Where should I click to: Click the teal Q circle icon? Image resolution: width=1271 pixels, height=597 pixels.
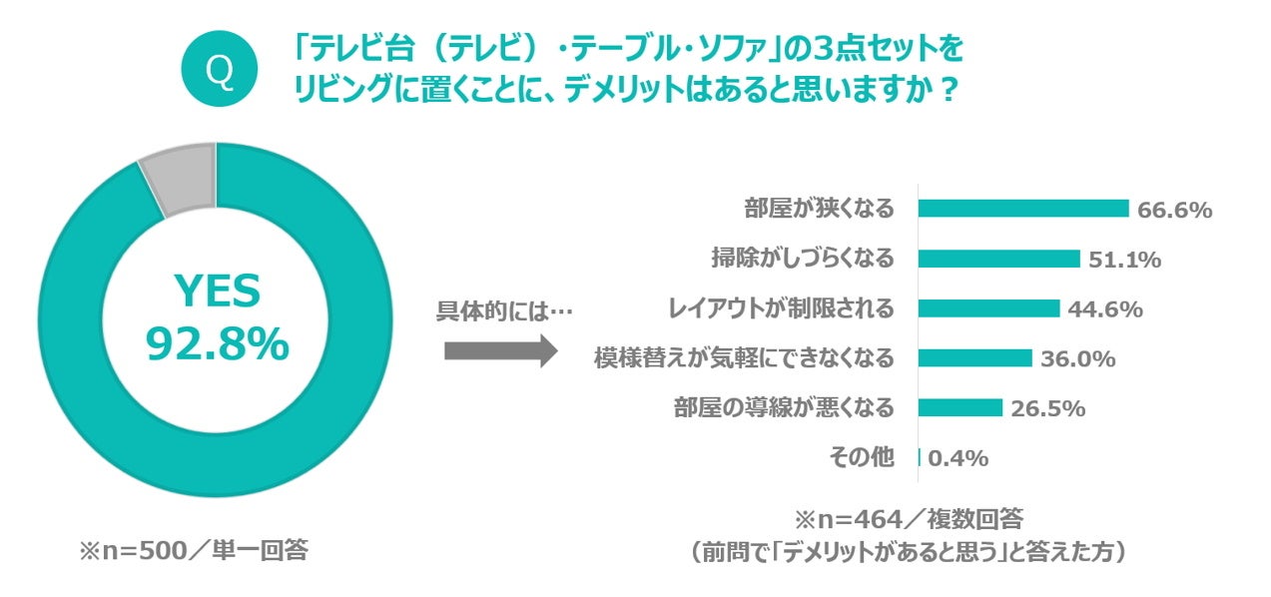219,69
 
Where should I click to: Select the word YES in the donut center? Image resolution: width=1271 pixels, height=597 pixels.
218,292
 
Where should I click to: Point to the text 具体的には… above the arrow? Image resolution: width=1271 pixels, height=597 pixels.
504,310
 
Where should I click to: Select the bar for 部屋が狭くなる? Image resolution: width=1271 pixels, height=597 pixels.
1022,209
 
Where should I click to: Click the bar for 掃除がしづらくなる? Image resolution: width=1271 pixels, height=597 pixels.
998,259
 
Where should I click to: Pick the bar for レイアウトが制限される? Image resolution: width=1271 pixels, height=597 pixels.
988,308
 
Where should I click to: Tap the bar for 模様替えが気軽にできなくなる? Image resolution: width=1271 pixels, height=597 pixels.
974,358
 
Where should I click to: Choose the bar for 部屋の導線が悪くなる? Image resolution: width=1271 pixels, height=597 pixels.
959,408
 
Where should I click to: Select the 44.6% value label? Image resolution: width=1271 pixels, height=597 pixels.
1104,309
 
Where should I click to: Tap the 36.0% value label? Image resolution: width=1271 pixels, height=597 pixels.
1077,359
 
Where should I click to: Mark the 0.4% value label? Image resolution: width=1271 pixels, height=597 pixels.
958,458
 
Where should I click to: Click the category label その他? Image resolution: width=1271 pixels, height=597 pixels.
862,458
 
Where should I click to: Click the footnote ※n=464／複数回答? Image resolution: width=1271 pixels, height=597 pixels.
909,520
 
